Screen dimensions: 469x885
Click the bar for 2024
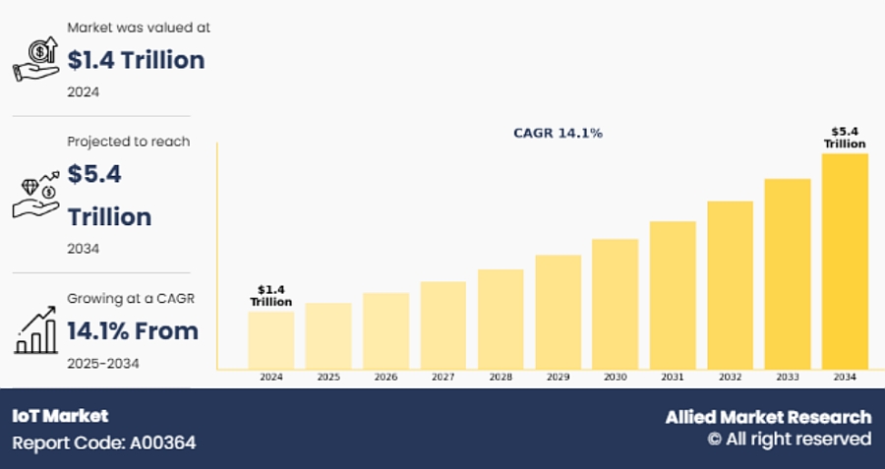click(x=270, y=339)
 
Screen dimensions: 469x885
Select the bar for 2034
click(x=845, y=262)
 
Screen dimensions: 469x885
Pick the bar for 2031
click(x=673, y=295)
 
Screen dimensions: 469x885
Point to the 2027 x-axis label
click(x=442, y=378)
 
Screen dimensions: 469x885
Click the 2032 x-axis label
click(x=730, y=378)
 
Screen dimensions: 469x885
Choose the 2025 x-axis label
click(x=327, y=378)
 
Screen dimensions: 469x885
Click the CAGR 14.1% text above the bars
click(x=558, y=133)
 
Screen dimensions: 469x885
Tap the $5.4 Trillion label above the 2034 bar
click(x=845, y=137)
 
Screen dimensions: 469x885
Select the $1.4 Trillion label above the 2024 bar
click(x=270, y=295)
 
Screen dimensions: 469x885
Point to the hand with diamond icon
click(x=36, y=194)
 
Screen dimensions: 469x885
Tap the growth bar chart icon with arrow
click(x=36, y=329)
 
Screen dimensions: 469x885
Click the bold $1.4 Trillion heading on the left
click(x=136, y=60)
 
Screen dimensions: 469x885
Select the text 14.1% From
click(x=132, y=331)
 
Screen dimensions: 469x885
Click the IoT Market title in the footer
click(x=60, y=416)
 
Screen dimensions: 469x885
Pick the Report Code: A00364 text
click(x=103, y=442)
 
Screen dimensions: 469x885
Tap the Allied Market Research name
click(x=768, y=417)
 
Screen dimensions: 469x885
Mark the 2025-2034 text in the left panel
click(x=102, y=363)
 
